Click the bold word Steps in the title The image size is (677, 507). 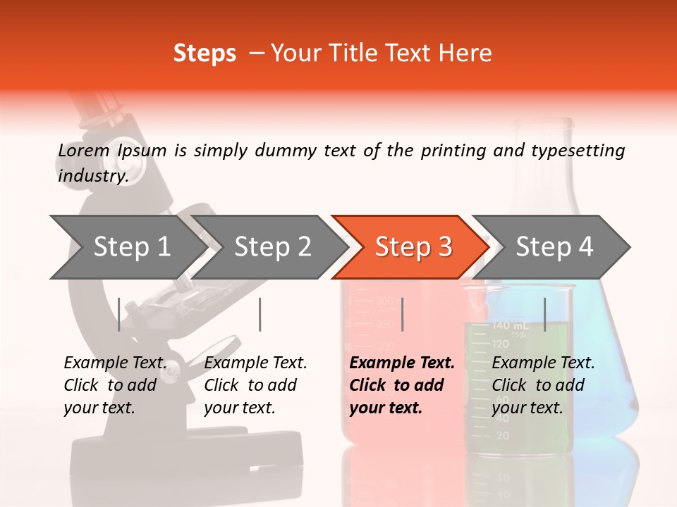[205, 54]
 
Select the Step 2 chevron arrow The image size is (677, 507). [272, 246]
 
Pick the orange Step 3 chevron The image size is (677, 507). [413, 246]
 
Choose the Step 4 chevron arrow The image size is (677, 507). [554, 246]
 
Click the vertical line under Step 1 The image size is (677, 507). [118, 314]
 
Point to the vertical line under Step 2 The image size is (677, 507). [260, 314]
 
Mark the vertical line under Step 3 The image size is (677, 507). [402, 314]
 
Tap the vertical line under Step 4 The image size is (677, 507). [545, 314]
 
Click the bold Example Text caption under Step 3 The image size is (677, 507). [402, 385]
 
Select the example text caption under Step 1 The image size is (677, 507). [115, 385]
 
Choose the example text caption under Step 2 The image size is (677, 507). [255, 385]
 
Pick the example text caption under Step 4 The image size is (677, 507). [543, 385]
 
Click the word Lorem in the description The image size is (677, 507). [83, 151]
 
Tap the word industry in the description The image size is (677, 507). [92, 176]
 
